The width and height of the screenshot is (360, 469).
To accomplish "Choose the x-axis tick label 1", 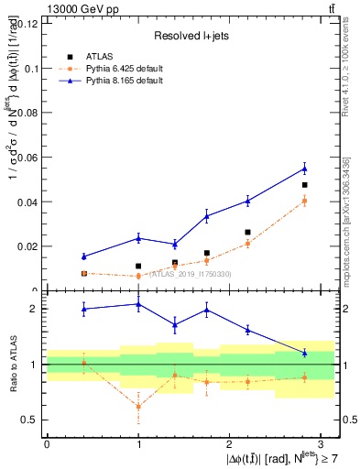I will tap(137, 444).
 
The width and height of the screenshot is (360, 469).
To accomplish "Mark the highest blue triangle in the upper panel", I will tap(304, 169).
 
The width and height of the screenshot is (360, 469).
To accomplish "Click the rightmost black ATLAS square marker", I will tap(304, 185).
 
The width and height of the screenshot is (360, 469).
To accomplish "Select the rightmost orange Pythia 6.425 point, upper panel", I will tap(304, 201).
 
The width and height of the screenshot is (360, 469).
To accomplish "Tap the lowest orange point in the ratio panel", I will tap(138, 406).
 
